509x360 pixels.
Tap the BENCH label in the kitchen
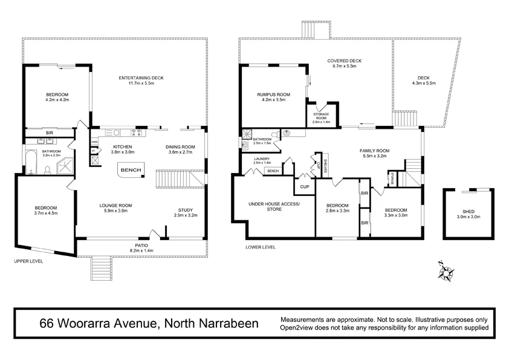[x=131, y=171]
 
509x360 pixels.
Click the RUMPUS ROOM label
[x=273, y=94]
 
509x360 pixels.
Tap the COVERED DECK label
[x=345, y=61]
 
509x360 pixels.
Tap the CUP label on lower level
[x=305, y=186]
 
